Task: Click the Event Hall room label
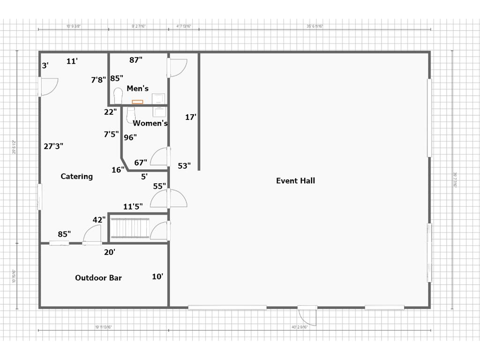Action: click(295, 181)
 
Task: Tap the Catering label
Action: click(77, 177)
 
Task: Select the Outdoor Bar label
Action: click(98, 278)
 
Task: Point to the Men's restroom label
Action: click(137, 89)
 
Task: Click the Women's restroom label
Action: click(150, 123)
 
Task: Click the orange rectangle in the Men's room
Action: click(137, 102)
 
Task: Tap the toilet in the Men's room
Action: click(118, 95)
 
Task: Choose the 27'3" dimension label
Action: click(53, 146)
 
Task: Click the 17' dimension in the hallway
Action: click(190, 117)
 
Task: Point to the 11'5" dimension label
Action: click(133, 206)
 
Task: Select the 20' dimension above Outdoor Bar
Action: click(110, 252)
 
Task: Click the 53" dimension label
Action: click(184, 166)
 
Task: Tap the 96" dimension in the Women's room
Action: click(130, 137)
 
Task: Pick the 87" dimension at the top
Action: click(136, 60)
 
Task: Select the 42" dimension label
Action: click(99, 219)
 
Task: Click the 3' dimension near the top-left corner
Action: click(45, 66)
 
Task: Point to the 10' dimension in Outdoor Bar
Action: click(157, 277)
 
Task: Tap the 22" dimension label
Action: click(111, 112)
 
